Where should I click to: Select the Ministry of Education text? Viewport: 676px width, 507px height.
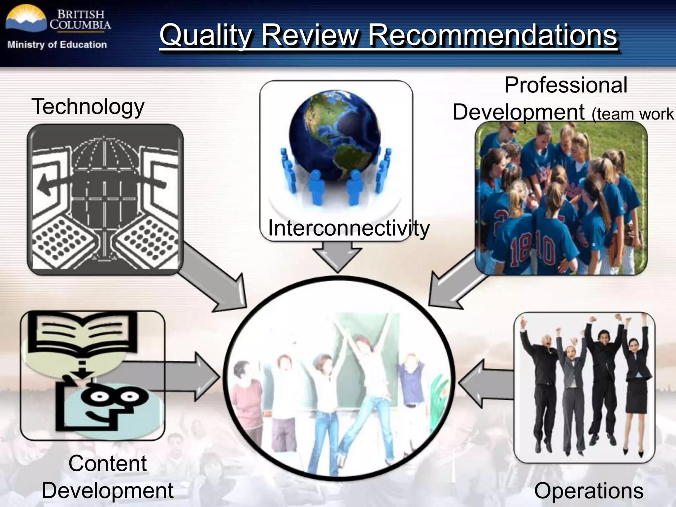click(x=57, y=45)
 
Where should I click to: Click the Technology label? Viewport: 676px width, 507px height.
click(x=88, y=107)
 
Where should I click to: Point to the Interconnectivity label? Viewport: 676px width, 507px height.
click(x=349, y=228)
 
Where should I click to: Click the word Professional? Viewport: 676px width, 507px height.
click(x=566, y=85)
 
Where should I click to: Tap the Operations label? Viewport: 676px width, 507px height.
click(x=589, y=490)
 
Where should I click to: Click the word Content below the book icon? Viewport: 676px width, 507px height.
click(x=108, y=463)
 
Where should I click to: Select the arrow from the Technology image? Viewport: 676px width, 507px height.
click(x=218, y=281)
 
